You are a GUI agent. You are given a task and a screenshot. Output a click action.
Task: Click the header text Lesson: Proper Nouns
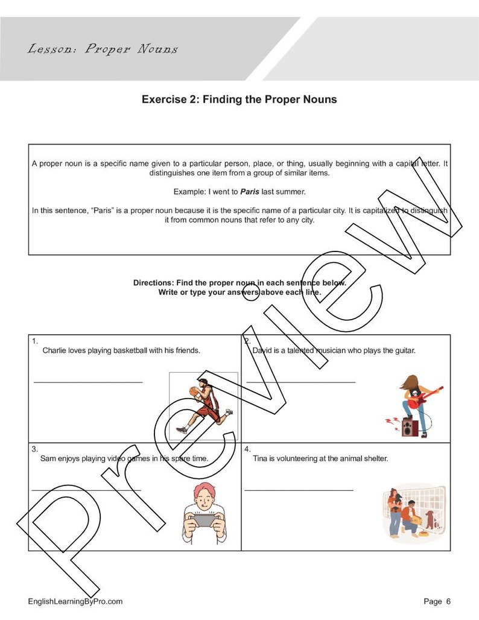tap(103, 49)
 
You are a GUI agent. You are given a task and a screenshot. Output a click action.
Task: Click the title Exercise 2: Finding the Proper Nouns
tap(239, 100)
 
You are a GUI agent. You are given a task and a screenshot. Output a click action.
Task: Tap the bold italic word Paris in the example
tap(250, 192)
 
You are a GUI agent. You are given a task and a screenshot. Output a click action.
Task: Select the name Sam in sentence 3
tap(48, 458)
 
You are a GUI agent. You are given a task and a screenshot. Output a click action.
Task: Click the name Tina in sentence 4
tap(260, 458)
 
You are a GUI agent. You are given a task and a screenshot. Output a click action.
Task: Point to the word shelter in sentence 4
tap(375, 458)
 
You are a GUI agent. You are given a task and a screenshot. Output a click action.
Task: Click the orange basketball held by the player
tap(193, 391)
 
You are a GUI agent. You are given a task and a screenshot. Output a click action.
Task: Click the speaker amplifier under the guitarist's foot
tap(410, 428)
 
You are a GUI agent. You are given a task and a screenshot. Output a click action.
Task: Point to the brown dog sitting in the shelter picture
tap(430, 519)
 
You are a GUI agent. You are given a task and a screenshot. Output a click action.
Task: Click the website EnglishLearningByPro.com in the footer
tap(75, 601)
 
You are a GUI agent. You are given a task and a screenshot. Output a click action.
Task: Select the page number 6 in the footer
tap(448, 601)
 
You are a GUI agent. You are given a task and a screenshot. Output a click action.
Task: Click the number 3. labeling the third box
tap(35, 449)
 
